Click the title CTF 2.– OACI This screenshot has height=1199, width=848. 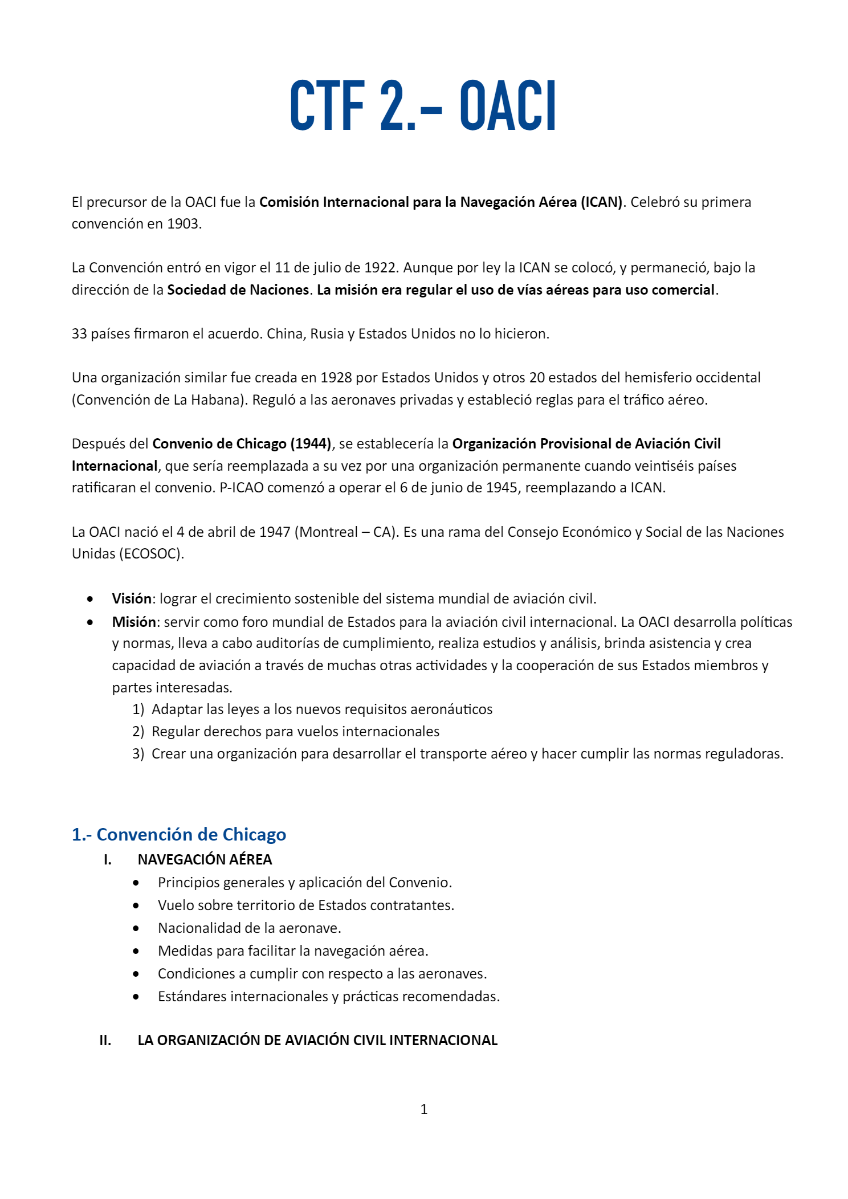coord(423,106)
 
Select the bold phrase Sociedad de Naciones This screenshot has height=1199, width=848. coord(238,290)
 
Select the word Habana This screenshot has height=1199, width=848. coord(217,400)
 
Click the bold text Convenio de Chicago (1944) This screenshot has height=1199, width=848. coord(242,444)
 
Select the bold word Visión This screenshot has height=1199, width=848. coord(132,599)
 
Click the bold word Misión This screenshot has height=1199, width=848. coord(134,622)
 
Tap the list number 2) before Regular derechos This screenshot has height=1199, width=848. coord(138,732)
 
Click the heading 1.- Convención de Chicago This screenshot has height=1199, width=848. coord(179,835)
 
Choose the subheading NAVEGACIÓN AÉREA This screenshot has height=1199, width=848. coord(205,860)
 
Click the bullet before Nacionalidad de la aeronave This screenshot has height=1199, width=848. coord(136,928)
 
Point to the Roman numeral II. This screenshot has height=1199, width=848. coord(105,1041)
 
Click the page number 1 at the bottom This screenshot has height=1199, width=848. coord(423,1110)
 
